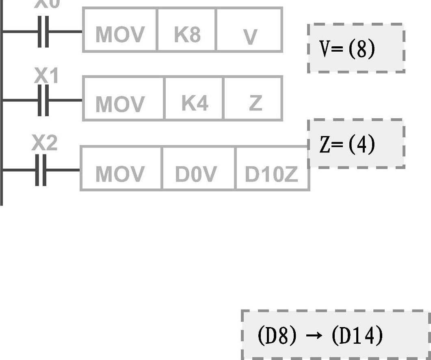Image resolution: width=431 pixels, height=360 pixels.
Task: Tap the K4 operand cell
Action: click(194, 99)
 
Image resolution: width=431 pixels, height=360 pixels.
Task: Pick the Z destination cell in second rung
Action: click(253, 99)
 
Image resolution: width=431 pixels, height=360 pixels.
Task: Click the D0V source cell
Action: click(198, 169)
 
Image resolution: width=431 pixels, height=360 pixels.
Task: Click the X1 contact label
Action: click(46, 76)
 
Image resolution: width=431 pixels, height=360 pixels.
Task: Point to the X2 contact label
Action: click(44, 143)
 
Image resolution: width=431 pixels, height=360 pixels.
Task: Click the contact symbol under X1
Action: click(43, 100)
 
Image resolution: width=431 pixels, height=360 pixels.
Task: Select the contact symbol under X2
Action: click(41, 170)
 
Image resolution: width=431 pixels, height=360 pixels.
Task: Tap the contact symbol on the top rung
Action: click(43, 31)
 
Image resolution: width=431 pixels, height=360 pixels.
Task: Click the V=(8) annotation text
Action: click(347, 49)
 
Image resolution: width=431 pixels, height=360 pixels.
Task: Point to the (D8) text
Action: click(277, 336)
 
